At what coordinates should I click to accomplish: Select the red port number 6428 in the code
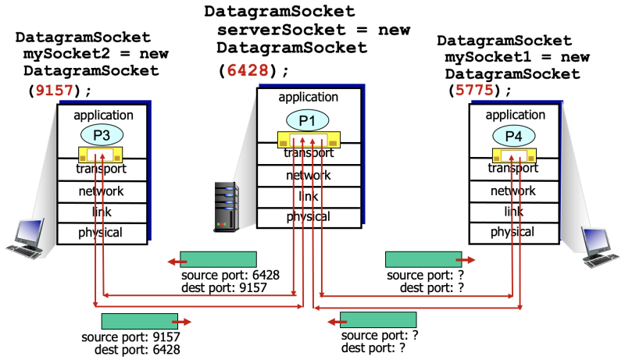253,70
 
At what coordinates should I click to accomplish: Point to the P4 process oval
512,135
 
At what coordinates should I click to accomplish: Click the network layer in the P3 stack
101,191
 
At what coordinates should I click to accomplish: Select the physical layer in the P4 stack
512,232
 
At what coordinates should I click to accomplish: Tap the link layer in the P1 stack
308,196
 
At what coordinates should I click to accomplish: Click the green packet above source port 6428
218,259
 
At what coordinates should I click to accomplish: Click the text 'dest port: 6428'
137,351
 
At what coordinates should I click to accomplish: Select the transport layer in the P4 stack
512,168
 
